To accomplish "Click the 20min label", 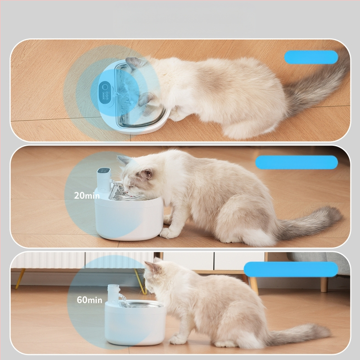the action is pos(87,195).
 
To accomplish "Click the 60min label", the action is pos(90,300).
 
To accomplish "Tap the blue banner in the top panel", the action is pos(311,57).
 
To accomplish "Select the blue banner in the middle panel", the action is pos(297,162).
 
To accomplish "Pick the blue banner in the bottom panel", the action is pos(291,269).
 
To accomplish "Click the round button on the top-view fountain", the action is pos(105,87).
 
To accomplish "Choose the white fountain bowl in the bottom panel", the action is pos(135,324).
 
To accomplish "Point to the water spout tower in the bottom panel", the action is pos(114,294).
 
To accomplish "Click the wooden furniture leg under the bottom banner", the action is pos(254,286).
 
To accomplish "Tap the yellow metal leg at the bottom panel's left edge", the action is pos(20,279).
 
